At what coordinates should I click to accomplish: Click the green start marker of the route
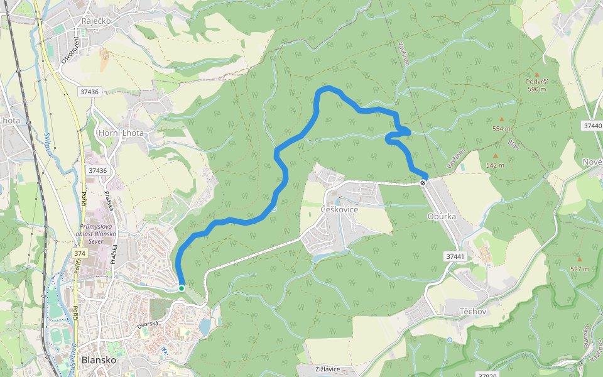point(182,288)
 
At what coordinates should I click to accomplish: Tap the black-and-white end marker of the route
point(423,183)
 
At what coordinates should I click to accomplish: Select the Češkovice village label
point(339,209)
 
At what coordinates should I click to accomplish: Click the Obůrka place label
point(441,216)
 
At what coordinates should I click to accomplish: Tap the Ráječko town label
point(95,21)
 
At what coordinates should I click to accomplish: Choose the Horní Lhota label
point(121,133)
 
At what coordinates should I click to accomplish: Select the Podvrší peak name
point(537,82)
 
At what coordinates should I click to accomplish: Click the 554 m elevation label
point(501,128)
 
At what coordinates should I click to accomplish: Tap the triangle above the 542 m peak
point(495,156)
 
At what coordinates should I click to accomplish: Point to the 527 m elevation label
point(579,268)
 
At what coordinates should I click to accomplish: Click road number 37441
point(455,256)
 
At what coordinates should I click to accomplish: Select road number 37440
point(592,126)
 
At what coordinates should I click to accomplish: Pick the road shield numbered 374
point(79,253)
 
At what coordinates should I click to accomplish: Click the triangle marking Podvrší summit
point(536,74)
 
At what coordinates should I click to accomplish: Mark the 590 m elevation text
point(537,89)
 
